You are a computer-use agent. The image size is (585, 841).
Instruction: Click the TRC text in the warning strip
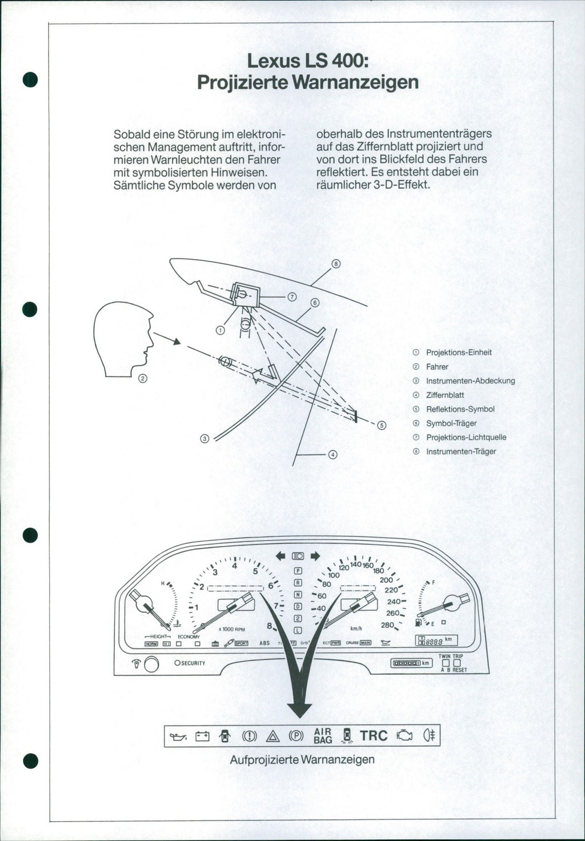coord(374,736)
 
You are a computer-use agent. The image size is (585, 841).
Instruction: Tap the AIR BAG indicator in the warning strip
coord(323,736)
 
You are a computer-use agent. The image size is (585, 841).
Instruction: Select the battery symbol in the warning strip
coord(203,736)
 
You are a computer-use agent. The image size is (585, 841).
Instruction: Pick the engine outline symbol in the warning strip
coord(405,736)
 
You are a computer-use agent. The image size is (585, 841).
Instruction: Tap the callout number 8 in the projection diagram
coord(336,264)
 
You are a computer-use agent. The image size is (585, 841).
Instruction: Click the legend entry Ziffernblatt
coord(445,395)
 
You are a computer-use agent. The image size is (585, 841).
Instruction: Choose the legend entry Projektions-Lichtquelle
coord(466,437)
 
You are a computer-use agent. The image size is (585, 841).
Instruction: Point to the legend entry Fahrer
coord(437,367)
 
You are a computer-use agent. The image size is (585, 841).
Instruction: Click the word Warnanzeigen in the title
coord(355,82)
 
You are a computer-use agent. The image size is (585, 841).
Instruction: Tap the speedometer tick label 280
coord(387,625)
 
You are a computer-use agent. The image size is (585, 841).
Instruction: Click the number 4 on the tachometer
coord(234,566)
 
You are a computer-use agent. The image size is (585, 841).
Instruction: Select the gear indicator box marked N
coord(297,595)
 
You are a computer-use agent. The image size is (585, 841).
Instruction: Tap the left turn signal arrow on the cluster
coord(281,555)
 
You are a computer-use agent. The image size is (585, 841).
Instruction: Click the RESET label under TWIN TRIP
coord(459,670)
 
